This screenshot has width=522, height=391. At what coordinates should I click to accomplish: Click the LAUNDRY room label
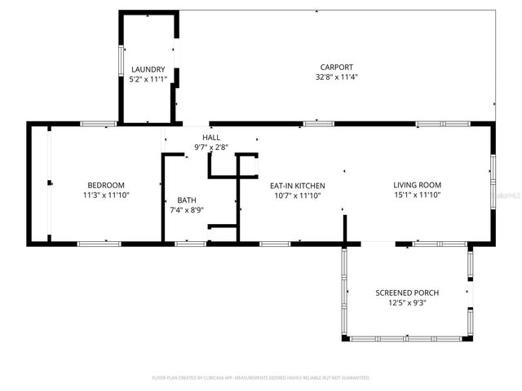pos(148,69)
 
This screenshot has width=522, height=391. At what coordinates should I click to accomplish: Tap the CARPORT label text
pos(337,67)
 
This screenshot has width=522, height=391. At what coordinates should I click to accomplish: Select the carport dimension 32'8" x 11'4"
pos(337,77)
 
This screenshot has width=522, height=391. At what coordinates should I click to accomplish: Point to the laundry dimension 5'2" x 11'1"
pos(148,80)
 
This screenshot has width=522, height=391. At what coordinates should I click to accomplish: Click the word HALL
pos(211,138)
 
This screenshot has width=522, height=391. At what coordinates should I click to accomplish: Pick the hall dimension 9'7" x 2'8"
pos(211,147)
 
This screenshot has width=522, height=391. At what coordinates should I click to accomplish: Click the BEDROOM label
pos(106,185)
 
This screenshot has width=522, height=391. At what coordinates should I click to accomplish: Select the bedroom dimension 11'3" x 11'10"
pos(106,195)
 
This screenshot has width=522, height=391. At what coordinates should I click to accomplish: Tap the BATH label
pos(187,200)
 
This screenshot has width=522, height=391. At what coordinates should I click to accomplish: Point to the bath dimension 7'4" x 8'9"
pos(187,211)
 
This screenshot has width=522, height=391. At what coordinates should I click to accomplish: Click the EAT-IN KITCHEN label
pos(298,185)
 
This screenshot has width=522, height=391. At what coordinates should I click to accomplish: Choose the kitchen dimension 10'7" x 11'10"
pos(298,195)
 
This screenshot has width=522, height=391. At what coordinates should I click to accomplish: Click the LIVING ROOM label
pos(417,185)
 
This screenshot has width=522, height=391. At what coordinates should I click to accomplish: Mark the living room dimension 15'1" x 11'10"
pos(417,195)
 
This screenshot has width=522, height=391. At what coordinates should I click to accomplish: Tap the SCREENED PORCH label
pos(407,292)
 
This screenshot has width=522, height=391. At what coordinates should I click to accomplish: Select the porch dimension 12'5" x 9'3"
pos(407,303)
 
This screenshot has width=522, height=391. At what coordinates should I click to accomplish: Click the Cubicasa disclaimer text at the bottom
pos(261,378)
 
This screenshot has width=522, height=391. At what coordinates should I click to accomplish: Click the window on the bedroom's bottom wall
pos(99,243)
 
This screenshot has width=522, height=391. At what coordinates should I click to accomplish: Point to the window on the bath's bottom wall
pos(191,243)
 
